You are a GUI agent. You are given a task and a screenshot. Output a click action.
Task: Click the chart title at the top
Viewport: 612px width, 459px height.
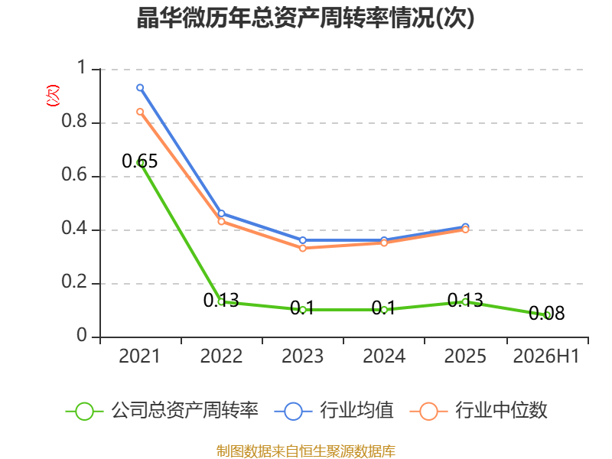[305, 18]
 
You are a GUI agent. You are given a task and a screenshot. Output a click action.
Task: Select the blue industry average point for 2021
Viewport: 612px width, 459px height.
[140, 88]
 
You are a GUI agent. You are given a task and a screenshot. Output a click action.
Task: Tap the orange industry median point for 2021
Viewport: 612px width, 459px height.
[140, 112]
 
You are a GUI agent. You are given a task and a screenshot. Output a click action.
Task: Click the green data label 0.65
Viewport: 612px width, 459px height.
[140, 161]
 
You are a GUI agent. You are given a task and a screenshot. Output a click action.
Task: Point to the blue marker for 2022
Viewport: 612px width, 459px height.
[221, 213]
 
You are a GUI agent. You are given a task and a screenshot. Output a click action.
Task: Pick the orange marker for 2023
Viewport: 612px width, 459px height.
[303, 248]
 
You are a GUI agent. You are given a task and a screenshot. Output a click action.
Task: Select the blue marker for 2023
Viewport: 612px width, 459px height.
[303, 240]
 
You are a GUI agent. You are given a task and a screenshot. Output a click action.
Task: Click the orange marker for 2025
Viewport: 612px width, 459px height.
[465, 229]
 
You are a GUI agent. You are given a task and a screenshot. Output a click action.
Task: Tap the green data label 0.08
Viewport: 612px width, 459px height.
[546, 313]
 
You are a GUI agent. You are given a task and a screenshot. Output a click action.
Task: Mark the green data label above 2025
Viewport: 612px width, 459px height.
[465, 300]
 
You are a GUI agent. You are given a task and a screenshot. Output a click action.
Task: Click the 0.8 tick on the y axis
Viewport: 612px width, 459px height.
[74, 121]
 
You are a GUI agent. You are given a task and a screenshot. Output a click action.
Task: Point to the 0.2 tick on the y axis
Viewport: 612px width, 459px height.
[74, 282]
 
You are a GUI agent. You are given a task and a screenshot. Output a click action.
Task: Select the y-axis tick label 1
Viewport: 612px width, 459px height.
[81, 67]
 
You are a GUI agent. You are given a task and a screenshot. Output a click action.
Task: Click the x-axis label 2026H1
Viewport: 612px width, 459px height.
[546, 356]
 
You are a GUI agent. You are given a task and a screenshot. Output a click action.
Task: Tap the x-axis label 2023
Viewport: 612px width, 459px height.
[302, 356]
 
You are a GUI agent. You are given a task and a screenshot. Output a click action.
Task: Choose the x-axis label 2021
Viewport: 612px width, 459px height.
[140, 356]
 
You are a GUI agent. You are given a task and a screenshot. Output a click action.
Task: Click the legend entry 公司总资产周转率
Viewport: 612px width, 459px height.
[162, 411]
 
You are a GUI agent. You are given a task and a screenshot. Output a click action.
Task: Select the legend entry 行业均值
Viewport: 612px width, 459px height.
[334, 411]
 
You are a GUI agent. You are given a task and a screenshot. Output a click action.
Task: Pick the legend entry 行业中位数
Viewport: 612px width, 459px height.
[479, 411]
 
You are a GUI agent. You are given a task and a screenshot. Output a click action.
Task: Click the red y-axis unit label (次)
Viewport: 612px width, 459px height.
[53, 96]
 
